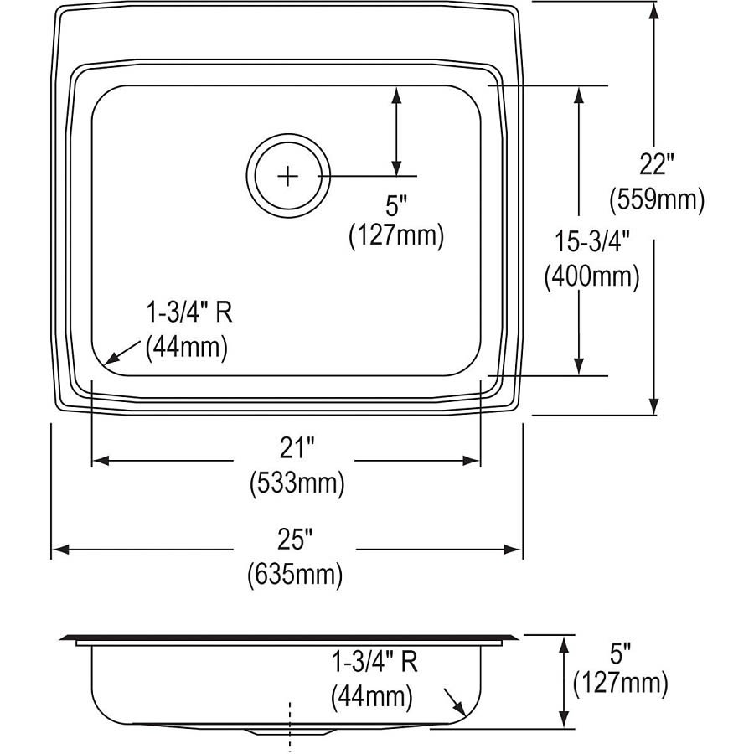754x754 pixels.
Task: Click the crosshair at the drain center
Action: coord(287,176)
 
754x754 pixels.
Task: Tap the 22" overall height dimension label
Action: coord(655,165)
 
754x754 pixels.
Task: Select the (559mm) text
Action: coord(656,199)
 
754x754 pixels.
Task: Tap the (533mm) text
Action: coord(297,483)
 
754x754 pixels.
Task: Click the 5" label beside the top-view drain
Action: coord(396,204)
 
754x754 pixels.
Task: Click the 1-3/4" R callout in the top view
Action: coord(188,313)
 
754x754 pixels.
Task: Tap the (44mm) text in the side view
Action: coord(372,695)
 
